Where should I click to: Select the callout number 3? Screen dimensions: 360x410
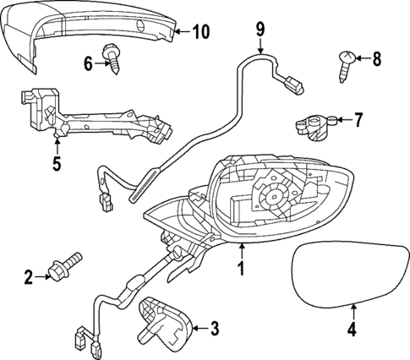216,326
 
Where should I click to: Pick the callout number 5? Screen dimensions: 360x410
57,162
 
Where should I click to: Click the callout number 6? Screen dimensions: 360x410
88,62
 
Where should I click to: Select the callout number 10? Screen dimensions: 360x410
200,33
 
